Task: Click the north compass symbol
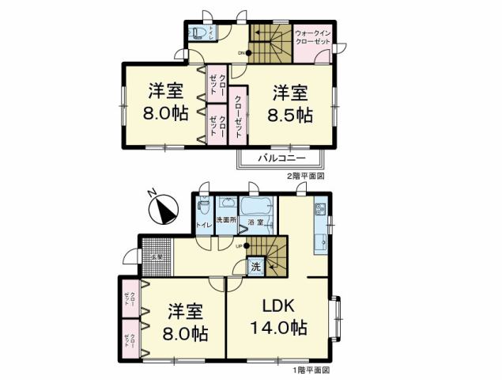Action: pyautogui.click(x=164, y=211)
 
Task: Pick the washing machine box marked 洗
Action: pyautogui.click(x=255, y=268)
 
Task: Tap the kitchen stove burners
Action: pyautogui.click(x=319, y=210)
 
